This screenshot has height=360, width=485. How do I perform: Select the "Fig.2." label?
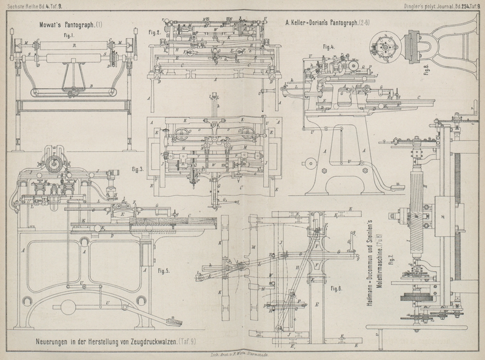154,32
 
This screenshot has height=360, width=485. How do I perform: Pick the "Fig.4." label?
329,47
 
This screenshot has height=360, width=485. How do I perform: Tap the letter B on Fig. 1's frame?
90,87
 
